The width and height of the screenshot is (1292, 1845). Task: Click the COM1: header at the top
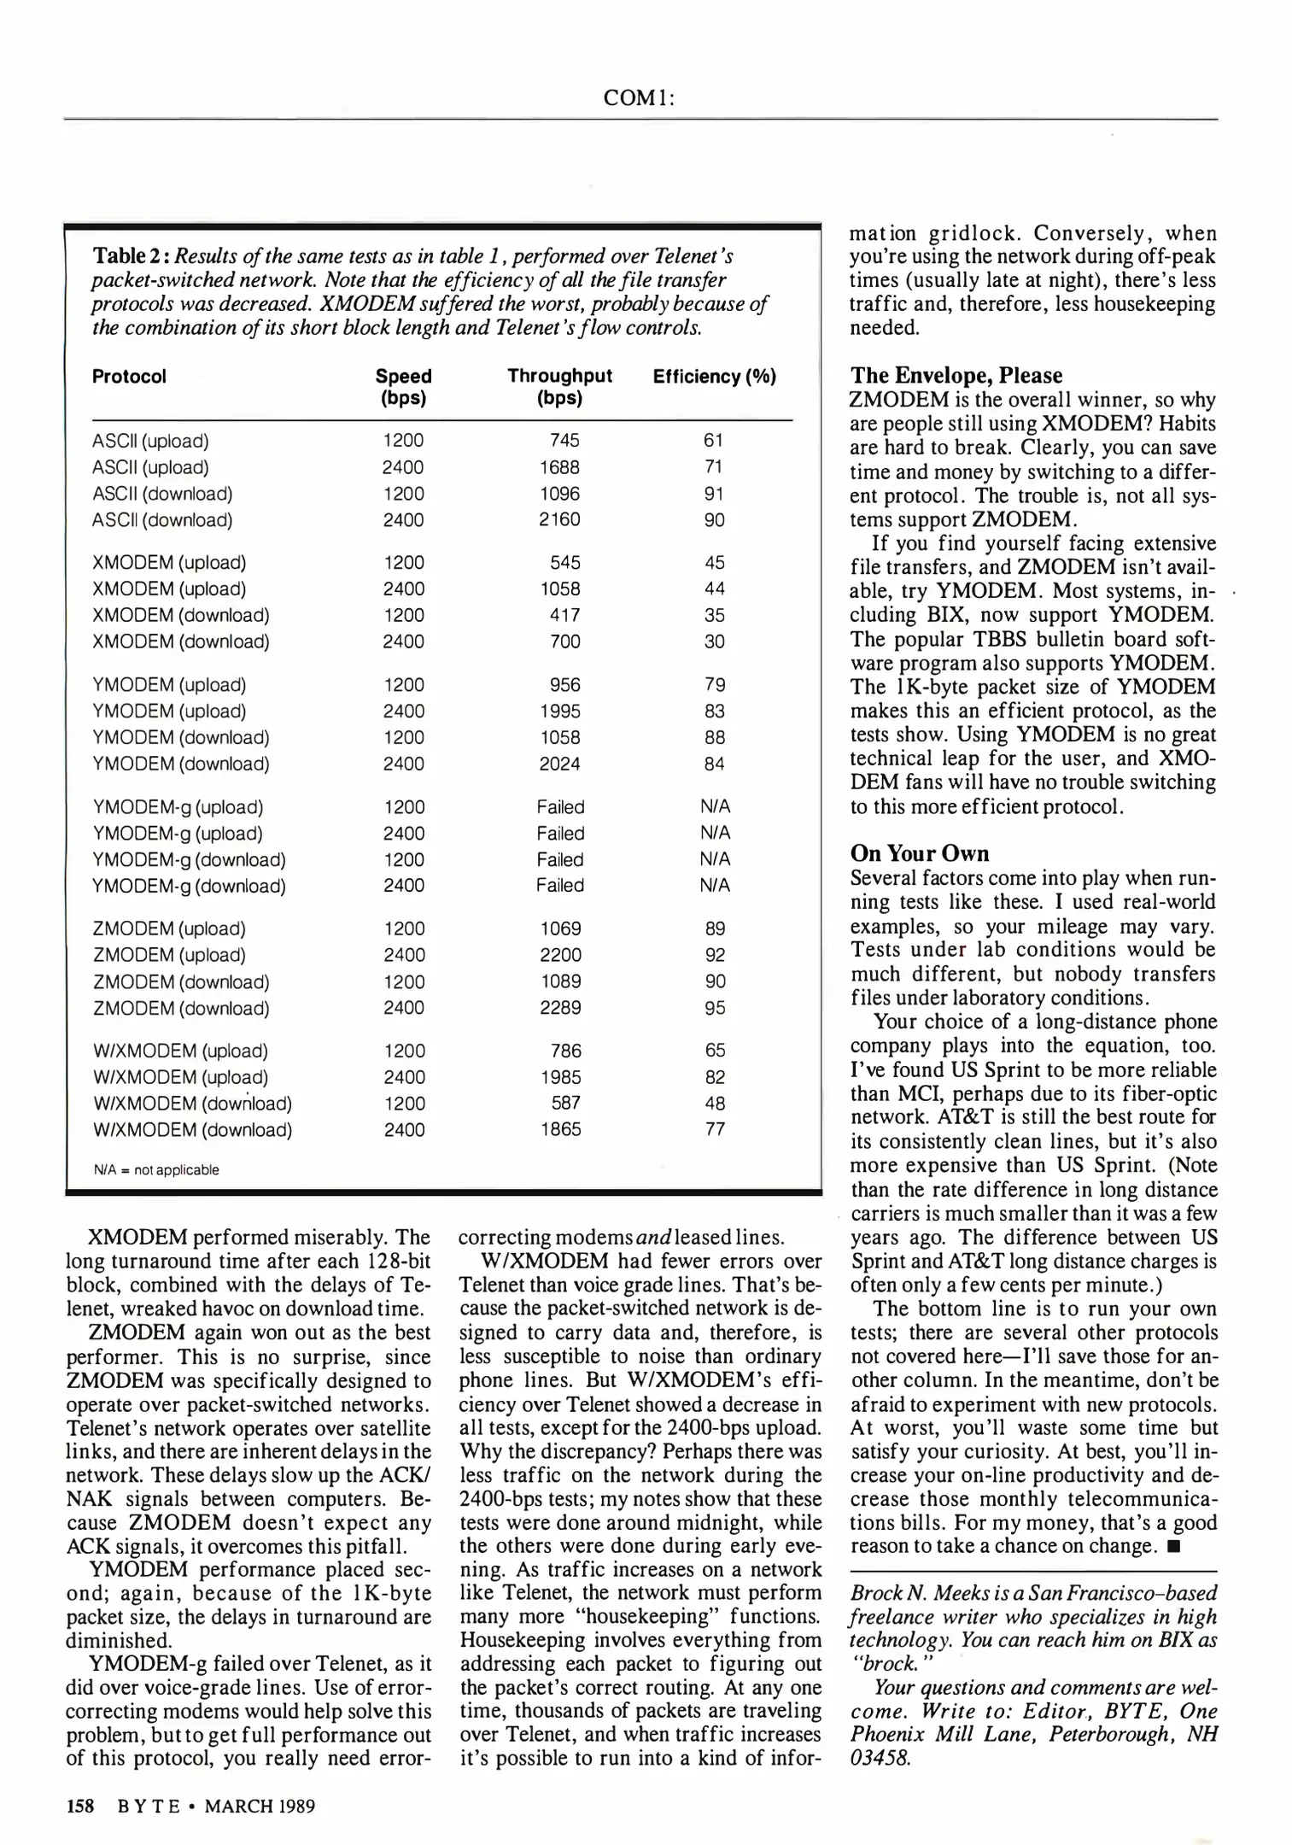pos(639,98)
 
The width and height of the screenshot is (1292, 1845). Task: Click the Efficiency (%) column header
pos(714,377)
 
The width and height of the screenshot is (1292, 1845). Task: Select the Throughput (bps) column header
pos(559,387)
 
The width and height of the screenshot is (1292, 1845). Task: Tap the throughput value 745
pos(564,441)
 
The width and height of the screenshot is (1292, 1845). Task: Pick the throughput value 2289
pos(560,1008)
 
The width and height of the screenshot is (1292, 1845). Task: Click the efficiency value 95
pos(715,1008)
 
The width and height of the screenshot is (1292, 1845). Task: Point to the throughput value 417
pos(564,615)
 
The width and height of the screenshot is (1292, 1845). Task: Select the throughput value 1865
pos(560,1129)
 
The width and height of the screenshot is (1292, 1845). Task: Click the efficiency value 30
pos(714,641)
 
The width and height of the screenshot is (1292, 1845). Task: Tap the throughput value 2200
pos(560,955)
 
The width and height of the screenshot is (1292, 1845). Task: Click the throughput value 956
pos(564,685)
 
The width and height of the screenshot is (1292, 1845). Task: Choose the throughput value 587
pos(565,1103)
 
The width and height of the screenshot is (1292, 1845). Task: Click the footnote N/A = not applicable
pos(156,1170)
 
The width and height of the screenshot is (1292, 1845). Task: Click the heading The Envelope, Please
pos(956,376)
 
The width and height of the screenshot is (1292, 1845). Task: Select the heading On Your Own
pos(919,853)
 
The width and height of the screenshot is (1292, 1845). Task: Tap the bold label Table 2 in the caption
pos(130,256)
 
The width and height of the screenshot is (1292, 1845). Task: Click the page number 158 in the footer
pos(79,1806)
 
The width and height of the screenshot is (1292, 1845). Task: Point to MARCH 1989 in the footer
pos(260,1806)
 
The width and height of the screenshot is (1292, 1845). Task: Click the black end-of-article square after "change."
pos(1172,1547)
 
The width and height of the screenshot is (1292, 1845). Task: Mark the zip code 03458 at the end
pos(880,1758)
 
